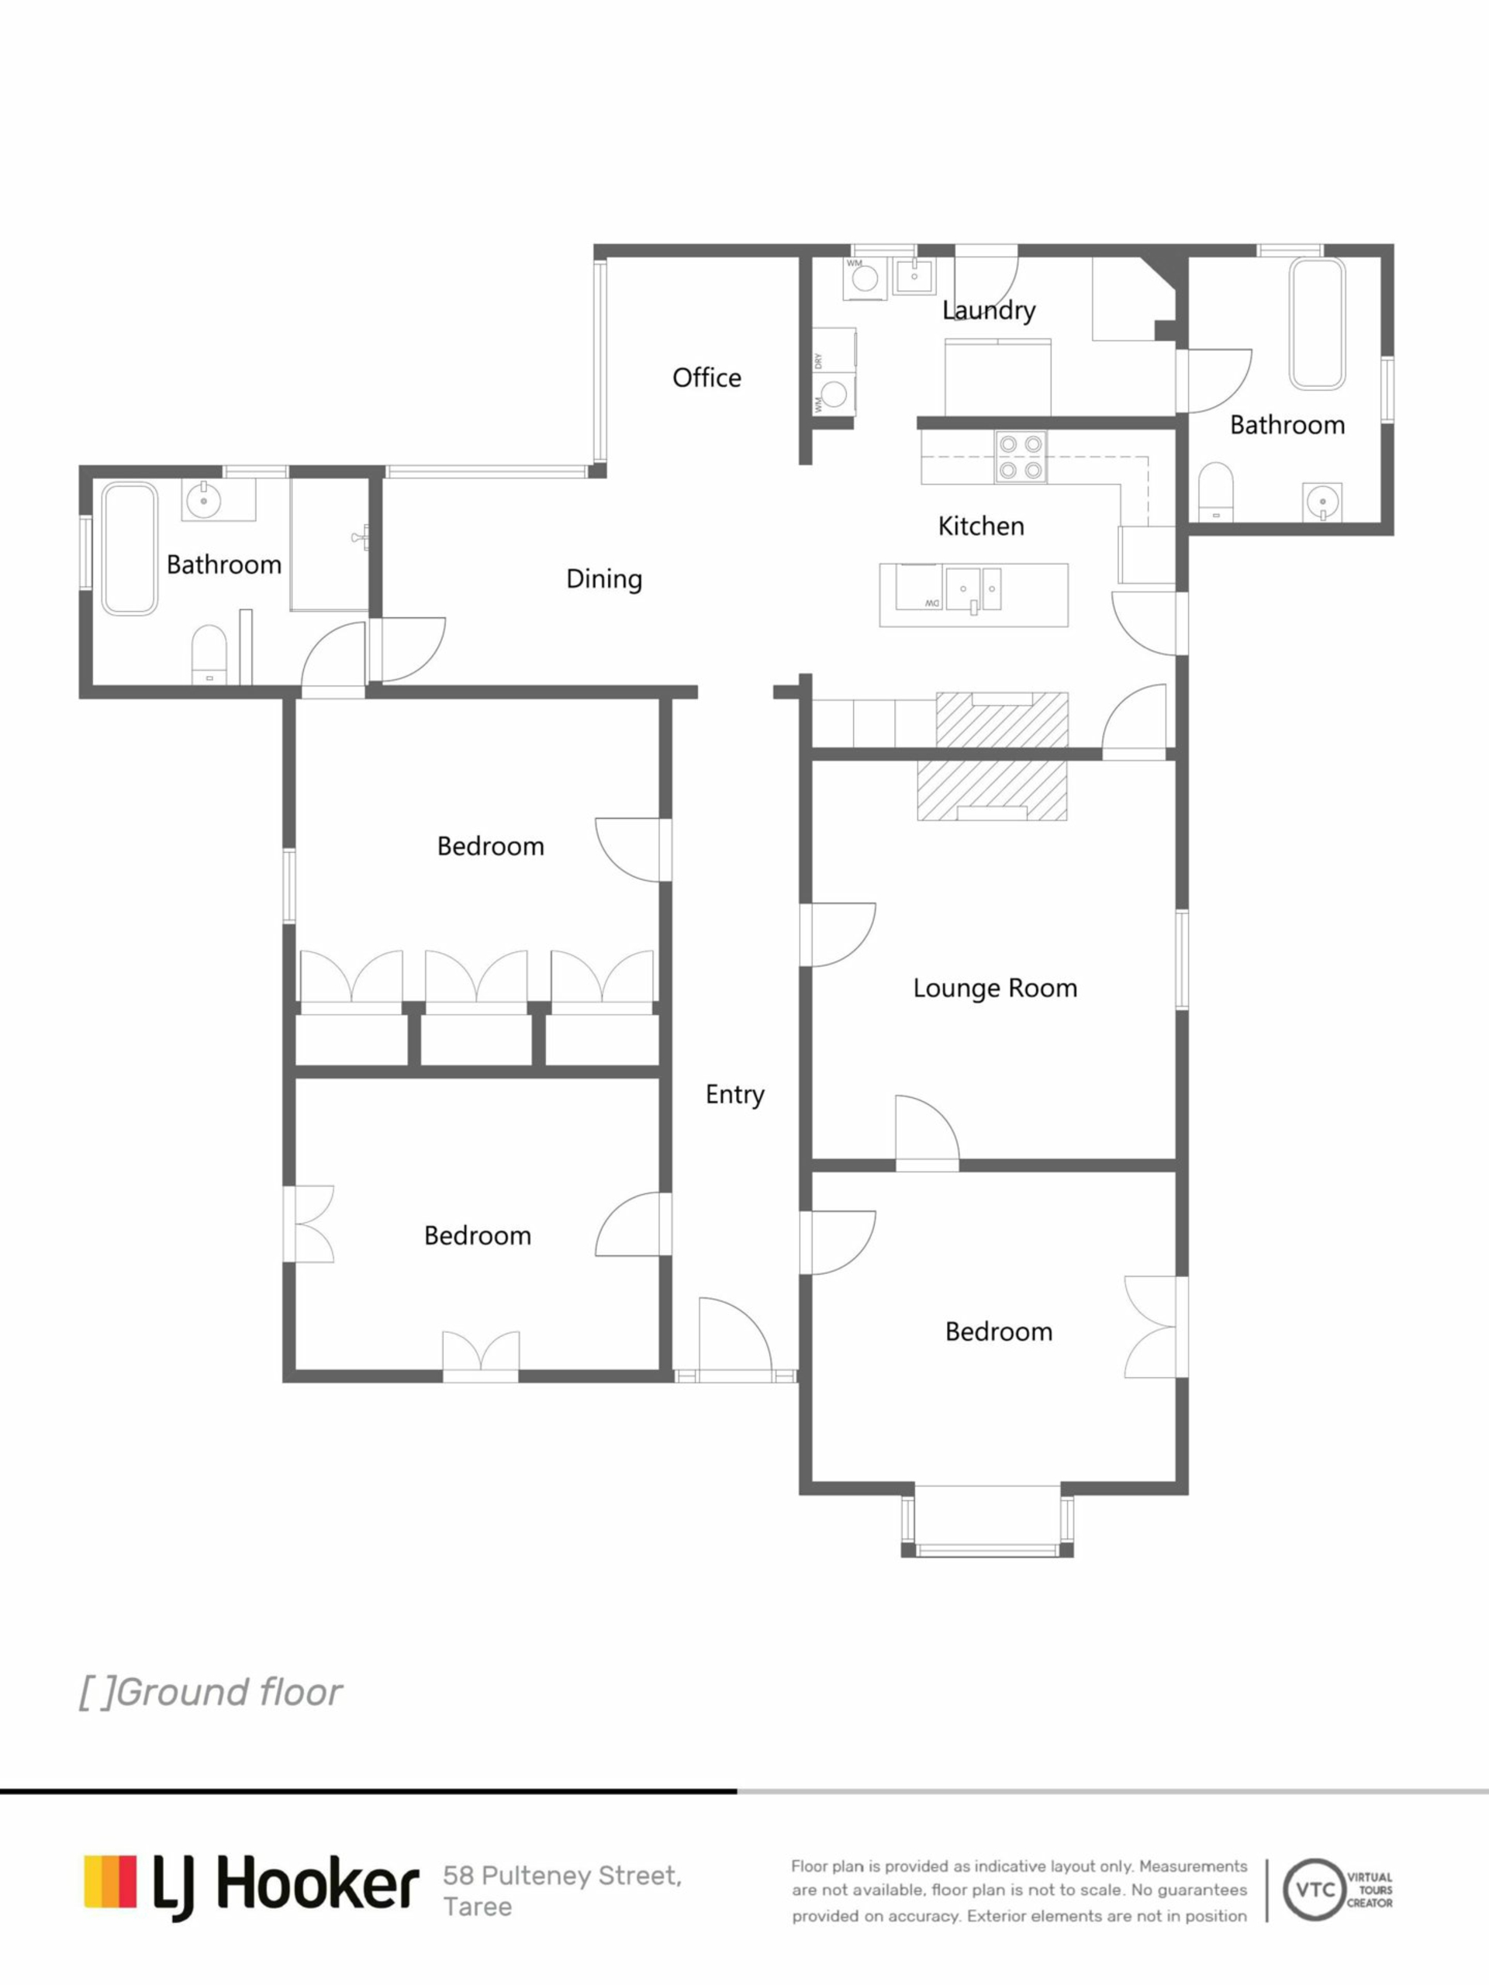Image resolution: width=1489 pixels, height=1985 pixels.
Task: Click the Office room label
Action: click(x=706, y=378)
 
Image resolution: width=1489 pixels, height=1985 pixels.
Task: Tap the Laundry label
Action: click(x=988, y=310)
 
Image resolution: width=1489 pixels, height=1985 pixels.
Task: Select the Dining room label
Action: click(x=604, y=578)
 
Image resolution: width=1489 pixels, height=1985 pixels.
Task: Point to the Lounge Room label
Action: click(x=994, y=988)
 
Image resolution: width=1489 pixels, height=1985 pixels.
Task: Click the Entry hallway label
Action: click(x=734, y=1095)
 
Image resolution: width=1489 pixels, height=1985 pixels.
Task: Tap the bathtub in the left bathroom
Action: click(x=130, y=548)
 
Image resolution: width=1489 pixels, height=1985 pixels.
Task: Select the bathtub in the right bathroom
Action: click(x=1318, y=323)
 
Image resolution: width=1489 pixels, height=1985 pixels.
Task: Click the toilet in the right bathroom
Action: click(x=1217, y=491)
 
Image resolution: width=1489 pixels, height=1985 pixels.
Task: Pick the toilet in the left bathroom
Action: click(x=209, y=654)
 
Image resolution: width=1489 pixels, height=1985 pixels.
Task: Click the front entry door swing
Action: click(x=734, y=1334)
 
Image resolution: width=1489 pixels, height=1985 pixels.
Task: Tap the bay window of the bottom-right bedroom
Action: click(x=987, y=1521)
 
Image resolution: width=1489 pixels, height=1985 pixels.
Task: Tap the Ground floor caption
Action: click(x=211, y=1693)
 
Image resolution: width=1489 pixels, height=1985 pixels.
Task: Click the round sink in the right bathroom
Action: click(x=1322, y=502)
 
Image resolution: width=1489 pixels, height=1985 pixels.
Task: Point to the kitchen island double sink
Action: click(x=972, y=589)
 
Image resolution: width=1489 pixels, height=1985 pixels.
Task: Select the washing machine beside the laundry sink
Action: click(x=865, y=278)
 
